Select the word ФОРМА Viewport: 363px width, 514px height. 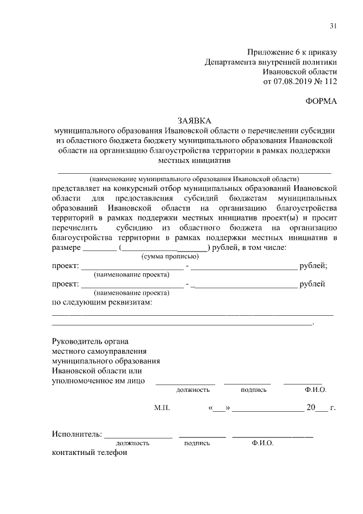tap(321, 101)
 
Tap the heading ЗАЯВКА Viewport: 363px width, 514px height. tap(194, 120)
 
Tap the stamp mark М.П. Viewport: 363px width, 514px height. tap(162, 408)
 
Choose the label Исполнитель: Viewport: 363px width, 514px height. tap(77, 434)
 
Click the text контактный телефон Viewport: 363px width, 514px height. tap(89, 453)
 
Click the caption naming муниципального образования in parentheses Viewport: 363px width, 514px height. tap(193, 178)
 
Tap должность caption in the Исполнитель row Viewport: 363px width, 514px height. tap(133, 443)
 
